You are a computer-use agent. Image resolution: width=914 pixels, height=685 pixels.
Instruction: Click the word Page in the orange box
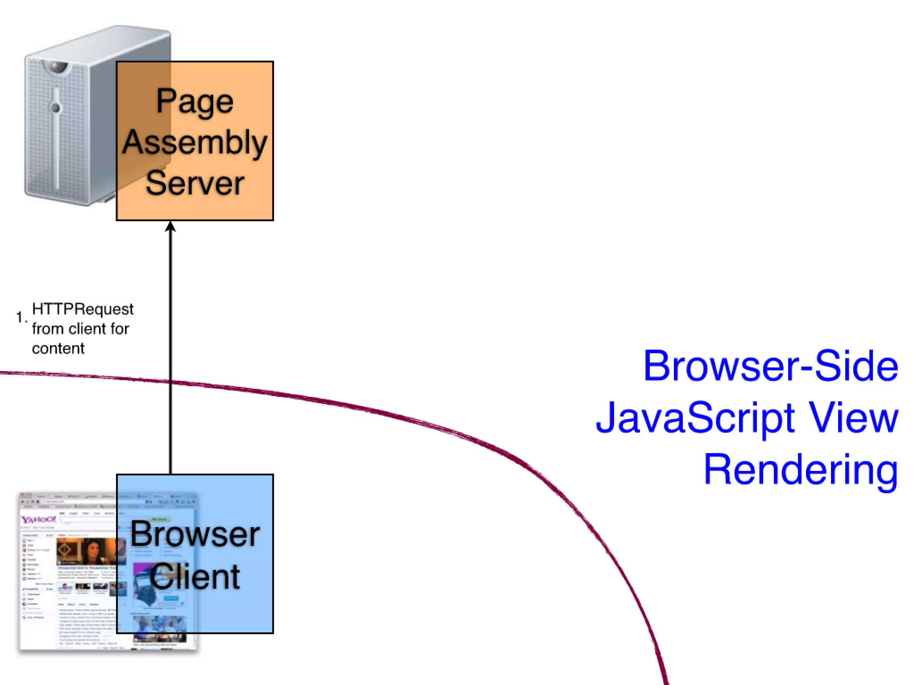[x=195, y=102]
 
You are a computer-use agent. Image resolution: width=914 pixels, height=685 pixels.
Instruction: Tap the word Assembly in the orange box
[x=195, y=142]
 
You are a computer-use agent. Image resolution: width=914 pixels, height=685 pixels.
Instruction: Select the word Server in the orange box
[x=195, y=183]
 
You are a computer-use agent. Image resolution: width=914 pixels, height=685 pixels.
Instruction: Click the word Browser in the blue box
[x=195, y=534]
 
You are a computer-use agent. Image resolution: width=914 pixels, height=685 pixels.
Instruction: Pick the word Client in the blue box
[x=195, y=576]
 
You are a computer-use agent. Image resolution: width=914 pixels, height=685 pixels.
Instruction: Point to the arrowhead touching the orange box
[x=170, y=227]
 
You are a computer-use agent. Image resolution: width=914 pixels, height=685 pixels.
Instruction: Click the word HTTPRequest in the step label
[x=83, y=309]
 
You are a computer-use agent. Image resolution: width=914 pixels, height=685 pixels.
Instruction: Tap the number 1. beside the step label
[x=21, y=317]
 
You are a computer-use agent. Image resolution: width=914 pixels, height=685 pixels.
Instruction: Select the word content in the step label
[x=58, y=348]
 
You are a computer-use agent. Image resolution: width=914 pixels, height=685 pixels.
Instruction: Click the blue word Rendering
[x=801, y=469]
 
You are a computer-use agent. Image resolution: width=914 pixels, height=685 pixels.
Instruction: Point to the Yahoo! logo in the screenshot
[x=39, y=520]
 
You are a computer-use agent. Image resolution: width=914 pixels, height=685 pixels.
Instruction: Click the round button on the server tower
[x=55, y=107]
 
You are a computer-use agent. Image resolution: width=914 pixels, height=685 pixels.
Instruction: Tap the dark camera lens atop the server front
[x=56, y=67]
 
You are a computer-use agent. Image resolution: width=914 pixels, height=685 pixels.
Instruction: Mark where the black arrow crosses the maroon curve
[x=170, y=382]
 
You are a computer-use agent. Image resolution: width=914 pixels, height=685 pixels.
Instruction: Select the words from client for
[x=80, y=329]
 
